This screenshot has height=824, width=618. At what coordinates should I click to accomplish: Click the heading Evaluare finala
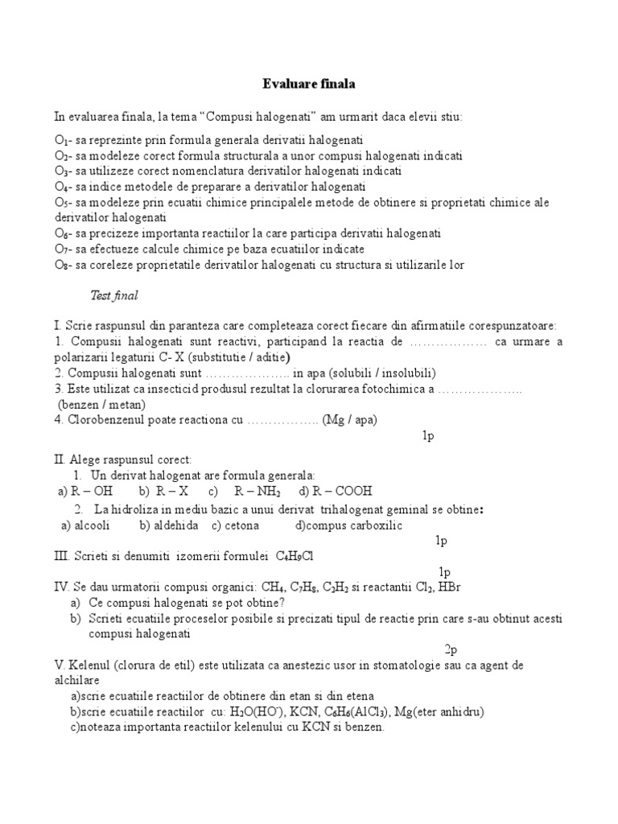click(x=309, y=83)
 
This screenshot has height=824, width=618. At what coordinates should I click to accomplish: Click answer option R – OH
click(x=91, y=491)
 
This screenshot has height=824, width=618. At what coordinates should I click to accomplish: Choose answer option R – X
click(x=172, y=491)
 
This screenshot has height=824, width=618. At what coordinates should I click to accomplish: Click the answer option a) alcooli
click(x=86, y=525)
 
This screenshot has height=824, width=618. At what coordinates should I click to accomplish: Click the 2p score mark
click(x=451, y=649)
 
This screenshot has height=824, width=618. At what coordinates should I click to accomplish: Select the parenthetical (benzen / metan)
click(x=101, y=404)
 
